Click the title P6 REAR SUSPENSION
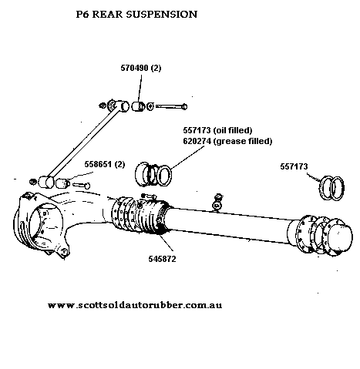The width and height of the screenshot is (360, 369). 136,14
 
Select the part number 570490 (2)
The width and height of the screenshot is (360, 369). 141,68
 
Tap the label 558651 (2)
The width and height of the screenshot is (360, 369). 105,164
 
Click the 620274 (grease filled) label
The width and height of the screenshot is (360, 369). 227,141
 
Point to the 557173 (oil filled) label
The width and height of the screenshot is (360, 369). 217,130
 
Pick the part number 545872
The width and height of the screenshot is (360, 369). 162,259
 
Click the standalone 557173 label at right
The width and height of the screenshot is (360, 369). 294,166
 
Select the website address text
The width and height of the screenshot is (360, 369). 135,305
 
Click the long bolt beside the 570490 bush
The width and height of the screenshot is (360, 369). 171,106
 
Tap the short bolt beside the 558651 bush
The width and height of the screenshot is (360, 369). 81,185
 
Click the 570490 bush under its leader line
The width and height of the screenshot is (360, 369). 138,106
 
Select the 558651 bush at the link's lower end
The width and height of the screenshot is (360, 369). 63,183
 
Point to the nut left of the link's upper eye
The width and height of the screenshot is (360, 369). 103,106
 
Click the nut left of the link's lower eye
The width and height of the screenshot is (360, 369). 32,182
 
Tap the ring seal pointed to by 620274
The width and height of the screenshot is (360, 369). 164,176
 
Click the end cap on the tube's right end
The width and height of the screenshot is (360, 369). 340,236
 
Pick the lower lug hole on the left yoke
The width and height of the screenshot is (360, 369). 65,251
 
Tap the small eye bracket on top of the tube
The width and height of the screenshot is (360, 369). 217,205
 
